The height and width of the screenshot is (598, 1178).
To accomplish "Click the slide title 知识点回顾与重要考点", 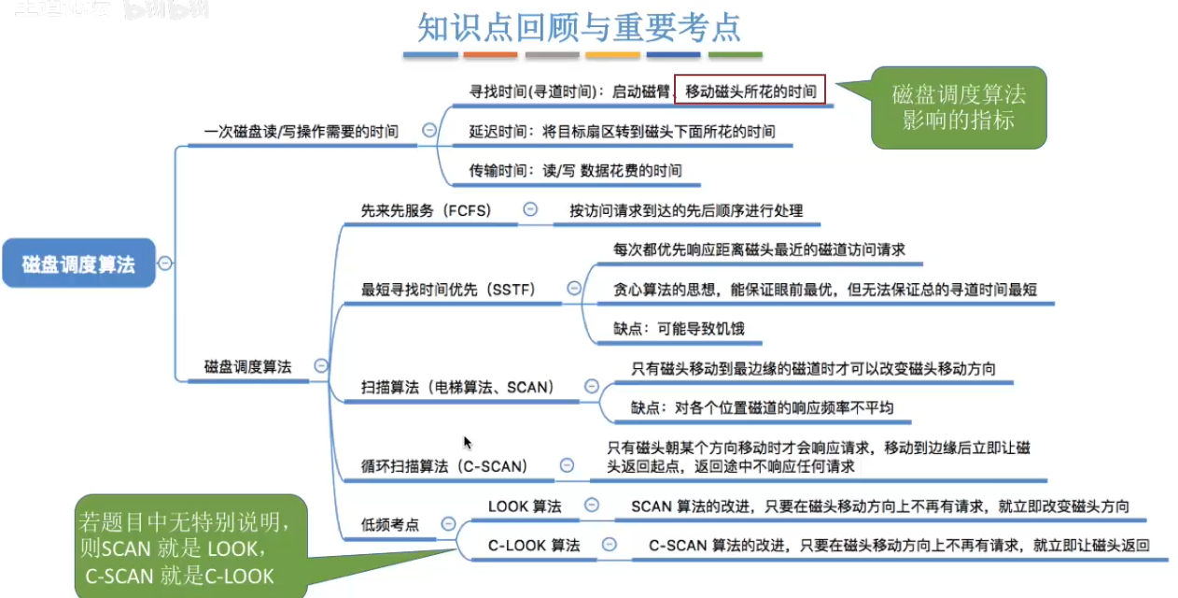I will pyautogui.click(x=579, y=28).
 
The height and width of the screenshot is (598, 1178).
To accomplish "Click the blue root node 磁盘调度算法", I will pyautogui.click(x=78, y=264).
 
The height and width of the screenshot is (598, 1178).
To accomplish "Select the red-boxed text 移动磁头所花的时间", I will pyautogui.click(x=750, y=92).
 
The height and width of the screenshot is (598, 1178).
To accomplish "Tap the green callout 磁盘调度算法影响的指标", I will pyautogui.click(x=958, y=107).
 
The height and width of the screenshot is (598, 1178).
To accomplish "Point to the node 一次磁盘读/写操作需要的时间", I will pyautogui.click(x=301, y=132).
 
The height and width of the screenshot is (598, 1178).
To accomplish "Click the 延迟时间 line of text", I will pyautogui.click(x=622, y=132).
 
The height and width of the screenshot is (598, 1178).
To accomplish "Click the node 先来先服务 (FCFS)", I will pyautogui.click(x=426, y=211).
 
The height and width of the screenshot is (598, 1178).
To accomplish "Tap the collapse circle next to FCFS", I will pyautogui.click(x=530, y=210).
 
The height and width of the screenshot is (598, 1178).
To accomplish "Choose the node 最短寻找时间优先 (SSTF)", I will pyautogui.click(x=448, y=290).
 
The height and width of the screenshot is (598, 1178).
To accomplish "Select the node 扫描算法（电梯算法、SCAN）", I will pyautogui.click(x=457, y=387).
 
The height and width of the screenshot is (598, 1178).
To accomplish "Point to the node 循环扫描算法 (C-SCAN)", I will pyautogui.click(x=444, y=465).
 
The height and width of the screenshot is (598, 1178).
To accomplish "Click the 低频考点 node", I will pyautogui.click(x=390, y=525).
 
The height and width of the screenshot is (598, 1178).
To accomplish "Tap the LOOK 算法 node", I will pyautogui.click(x=525, y=506).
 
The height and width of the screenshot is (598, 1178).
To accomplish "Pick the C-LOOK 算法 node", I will pyautogui.click(x=534, y=545).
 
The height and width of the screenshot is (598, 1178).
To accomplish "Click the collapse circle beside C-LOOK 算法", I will pyautogui.click(x=609, y=544).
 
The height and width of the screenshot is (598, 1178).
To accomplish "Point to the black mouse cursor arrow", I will pyautogui.click(x=468, y=443).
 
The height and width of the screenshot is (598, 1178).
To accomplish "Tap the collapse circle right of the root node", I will pyautogui.click(x=165, y=263).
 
